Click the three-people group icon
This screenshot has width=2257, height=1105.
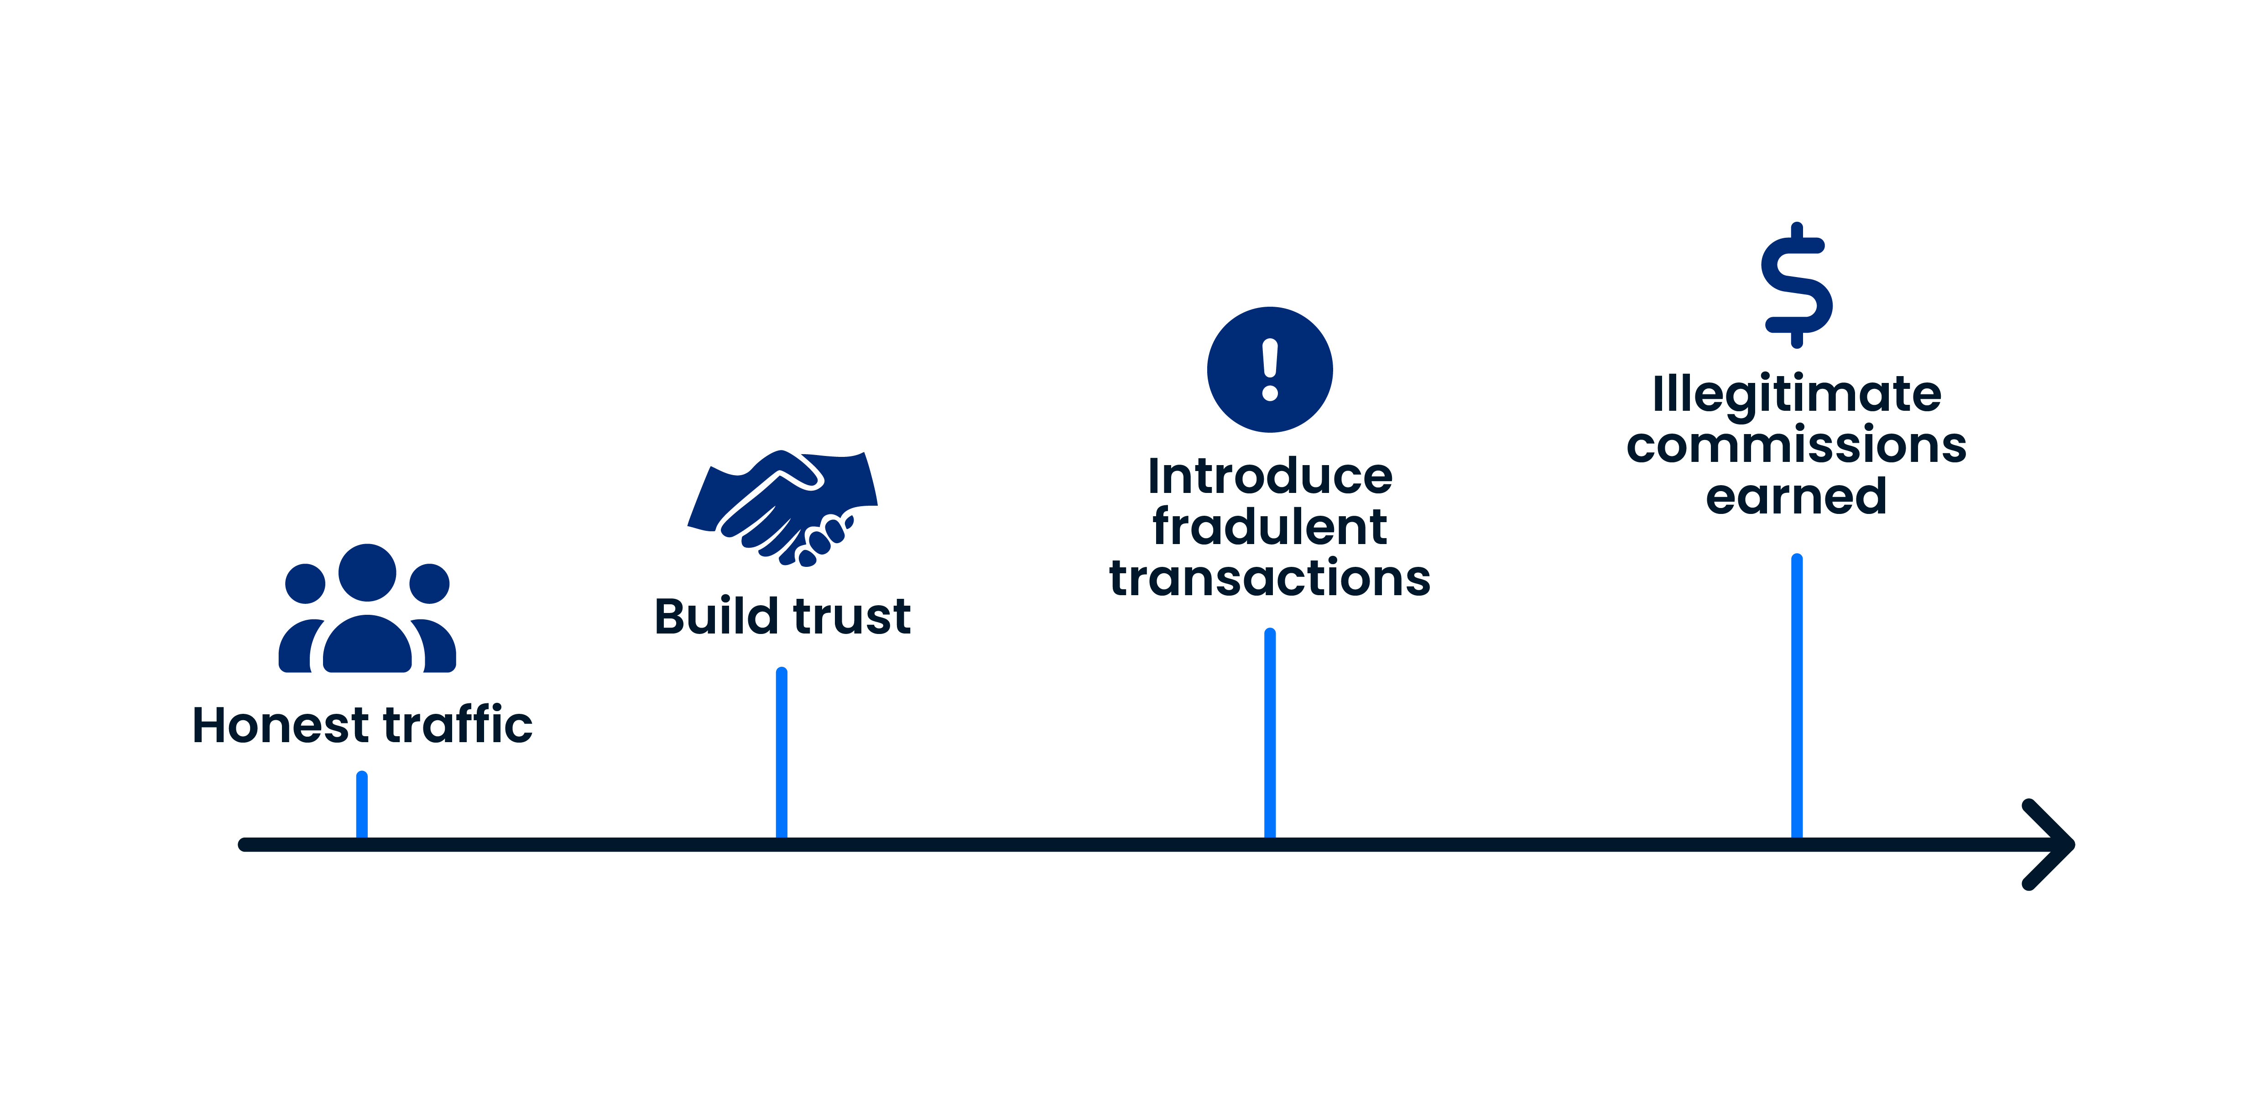[367, 613]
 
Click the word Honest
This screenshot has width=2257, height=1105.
[281, 726]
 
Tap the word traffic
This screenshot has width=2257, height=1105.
[457, 726]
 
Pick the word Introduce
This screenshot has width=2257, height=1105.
[1270, 477]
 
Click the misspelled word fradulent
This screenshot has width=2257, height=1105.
[1270, 528]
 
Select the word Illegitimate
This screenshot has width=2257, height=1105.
[1796, 394]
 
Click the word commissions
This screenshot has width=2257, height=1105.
[1796, 445]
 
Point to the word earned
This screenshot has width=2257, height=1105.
[1796, 497]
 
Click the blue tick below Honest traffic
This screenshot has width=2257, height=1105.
[362, 804]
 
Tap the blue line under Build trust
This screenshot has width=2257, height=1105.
[782, 754]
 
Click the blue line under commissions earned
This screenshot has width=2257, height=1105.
[1796, 697]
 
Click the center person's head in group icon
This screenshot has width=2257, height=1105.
[367, 572]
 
